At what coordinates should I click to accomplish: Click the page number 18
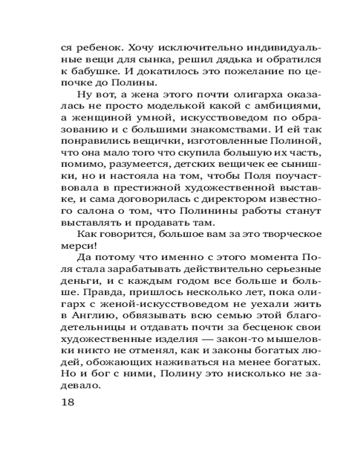[x=67, y=401]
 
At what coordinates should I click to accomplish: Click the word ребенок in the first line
[x=96, y=47]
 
